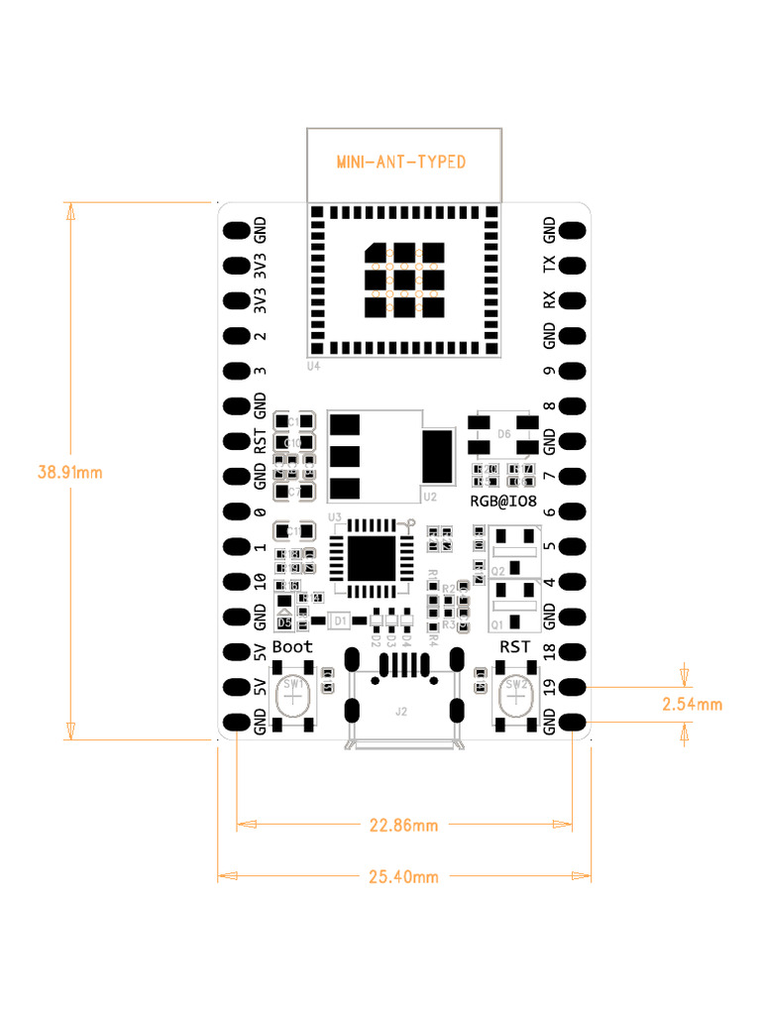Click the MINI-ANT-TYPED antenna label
tap(401, 162)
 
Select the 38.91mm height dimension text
tap(69, 472)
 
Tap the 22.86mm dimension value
tap(404, 825)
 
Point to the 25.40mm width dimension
tap(404, 876)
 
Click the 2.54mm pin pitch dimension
tap(692, 705)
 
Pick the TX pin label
tap(550, 266)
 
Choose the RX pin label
tap(550, 300)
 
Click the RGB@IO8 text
tap(503, 503)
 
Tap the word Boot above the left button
tap(292, 646)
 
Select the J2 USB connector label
tap(400, 711)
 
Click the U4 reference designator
tap(313, 367)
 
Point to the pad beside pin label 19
tap(573, 687)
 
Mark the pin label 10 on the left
tap(260, 582)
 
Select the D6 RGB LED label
tap(503, 434)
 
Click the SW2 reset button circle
tap(515, 698)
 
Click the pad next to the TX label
tap(573, 266)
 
